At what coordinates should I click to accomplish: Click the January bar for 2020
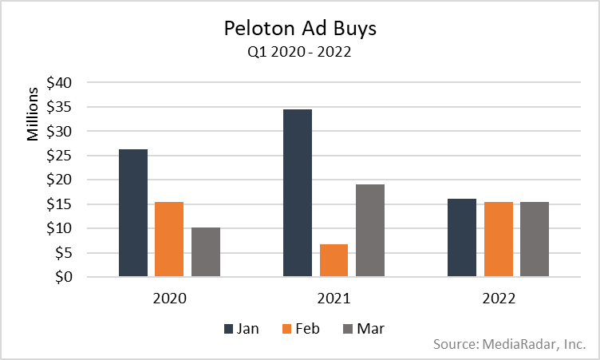point(132,213)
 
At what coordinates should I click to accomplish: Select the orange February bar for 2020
point(169,239)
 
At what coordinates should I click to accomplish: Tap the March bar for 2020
point(206,252)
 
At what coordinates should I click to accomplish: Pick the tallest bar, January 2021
point(298,193)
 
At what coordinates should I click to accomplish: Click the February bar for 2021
point(334,260)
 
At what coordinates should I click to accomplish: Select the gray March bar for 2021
point(370,231)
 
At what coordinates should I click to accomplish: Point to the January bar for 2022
point(462,238)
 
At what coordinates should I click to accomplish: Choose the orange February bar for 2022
point(498,239)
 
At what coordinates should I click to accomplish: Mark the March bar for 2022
point(535,239)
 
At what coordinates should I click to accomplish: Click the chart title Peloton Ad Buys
point(300,30)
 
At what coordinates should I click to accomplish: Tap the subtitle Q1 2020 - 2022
point(300,53)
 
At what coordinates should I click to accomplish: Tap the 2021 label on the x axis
point(334,299)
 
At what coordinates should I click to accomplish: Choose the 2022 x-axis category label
point(498,299)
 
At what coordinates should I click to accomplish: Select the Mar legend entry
point(361,327)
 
